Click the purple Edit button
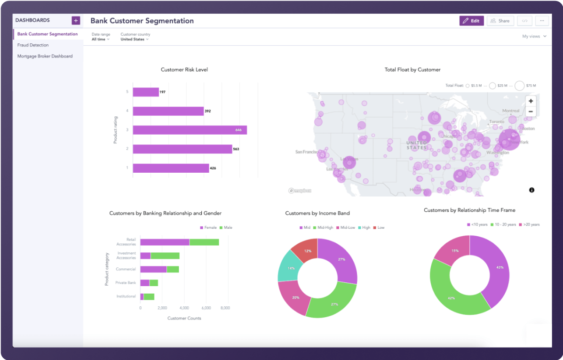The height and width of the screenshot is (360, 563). pyautogui.click(x=471, y=21)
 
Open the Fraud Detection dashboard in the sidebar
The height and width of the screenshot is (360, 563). pyautogui.click(x=33, y=45)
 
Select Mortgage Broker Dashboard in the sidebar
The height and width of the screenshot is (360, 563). pyautogui.click(x=45, y=56)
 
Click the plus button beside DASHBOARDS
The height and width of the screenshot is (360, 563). pyautogui.click(x=76, y=20)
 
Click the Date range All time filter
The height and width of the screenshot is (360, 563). pyautogui.click(x=100, y=40)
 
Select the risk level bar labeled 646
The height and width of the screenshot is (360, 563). pyautogui.click(x=190, y=130)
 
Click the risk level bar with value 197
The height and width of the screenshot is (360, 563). pyautogui.click(x=146, y=92)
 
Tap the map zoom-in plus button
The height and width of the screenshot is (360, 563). pyautogui.click(x=531, y=101)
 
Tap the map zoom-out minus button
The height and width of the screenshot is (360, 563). pyautogui.click(x=531, y=112)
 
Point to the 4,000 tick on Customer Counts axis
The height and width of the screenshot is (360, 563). pyautogui.click(x=184, y=308)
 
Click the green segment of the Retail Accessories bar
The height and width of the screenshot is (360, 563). pyautogui.click(x=204, y=242)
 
